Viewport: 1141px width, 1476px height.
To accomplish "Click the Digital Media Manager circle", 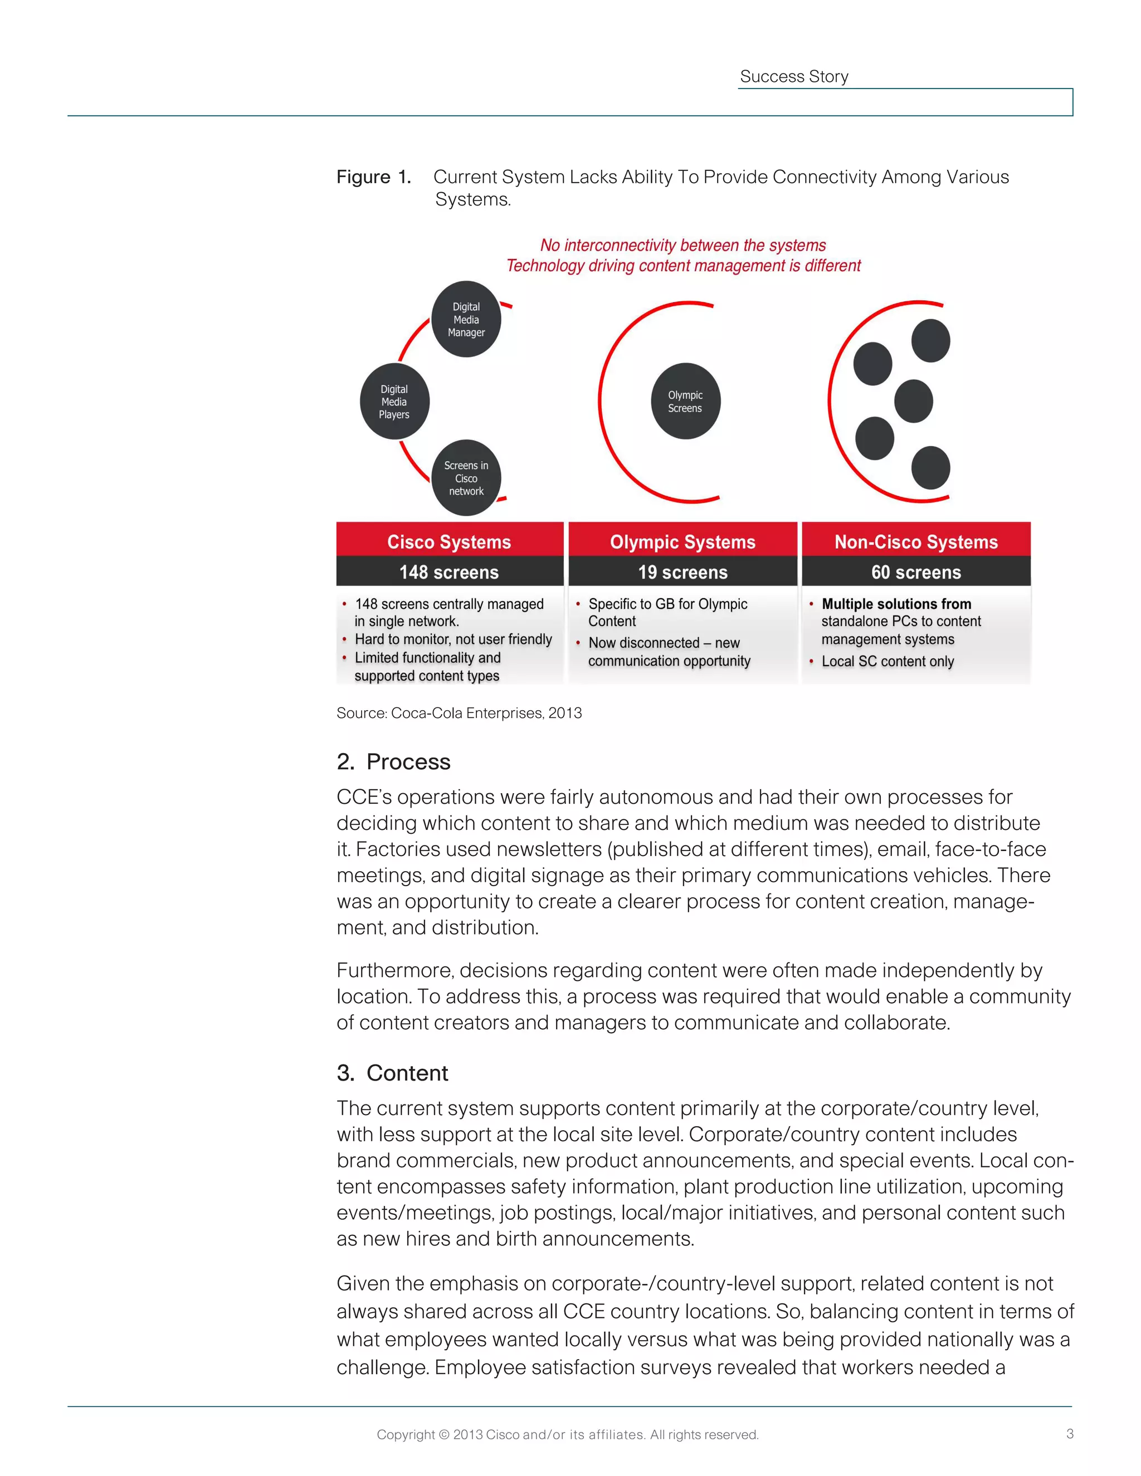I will (x=466, y=319).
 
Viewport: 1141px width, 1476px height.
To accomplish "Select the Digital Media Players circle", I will (x=394, y=402).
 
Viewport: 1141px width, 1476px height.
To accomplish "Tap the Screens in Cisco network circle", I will (x=466, y=478).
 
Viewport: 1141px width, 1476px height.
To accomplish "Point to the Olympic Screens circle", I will (x=685, y=402).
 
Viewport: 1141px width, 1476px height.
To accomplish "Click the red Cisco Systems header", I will (x=450, y=541).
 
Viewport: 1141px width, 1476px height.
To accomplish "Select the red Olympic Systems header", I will (x=682, y=541).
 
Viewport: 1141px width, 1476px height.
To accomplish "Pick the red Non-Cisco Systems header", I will (x=916, y=541).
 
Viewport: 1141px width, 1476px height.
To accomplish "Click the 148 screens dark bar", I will (x=450, y=572).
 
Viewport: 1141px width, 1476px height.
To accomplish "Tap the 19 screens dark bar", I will (x=682, y=572).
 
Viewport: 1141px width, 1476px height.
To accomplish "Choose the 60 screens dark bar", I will (x=916, y=572).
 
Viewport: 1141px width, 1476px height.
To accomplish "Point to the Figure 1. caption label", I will (x=374, y=177).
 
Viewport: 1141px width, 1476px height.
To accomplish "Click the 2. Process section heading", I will (x=393, y=761).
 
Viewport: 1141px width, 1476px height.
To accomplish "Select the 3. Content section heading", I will (x=392, y=1073).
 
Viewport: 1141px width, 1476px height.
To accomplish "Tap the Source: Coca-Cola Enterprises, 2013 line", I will (x=459, y=713).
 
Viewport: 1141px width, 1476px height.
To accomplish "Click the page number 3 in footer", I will (x=1069, y=1434).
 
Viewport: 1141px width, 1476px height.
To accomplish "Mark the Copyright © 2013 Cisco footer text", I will (x=568, y=1434).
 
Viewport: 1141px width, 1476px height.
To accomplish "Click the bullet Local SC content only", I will (x=888, y=661).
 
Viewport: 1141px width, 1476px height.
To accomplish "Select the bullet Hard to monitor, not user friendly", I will (x=453, y=639).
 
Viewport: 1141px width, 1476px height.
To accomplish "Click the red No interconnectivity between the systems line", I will (x=682, y=245).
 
